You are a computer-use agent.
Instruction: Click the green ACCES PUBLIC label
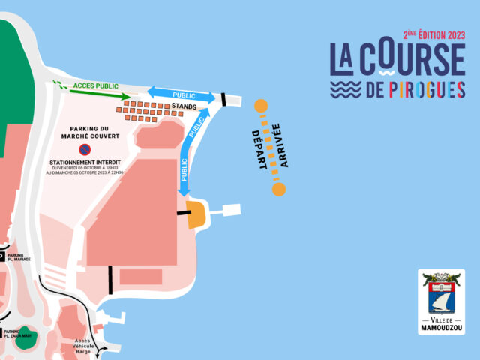click(x=96, y=86)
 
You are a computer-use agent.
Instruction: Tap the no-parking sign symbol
click(x=95, y=150)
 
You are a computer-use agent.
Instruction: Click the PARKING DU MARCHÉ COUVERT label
click(x=95, y=134)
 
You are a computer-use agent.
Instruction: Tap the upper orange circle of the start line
click(x=261, y=106)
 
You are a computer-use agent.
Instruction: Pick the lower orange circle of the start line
click(x=279, y=189)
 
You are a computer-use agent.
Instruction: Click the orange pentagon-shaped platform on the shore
click(x=196, y=214)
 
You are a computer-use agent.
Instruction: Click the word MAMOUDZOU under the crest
click(x=441, y=328)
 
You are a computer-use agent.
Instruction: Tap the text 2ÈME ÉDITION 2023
click(x=434, y=34)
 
